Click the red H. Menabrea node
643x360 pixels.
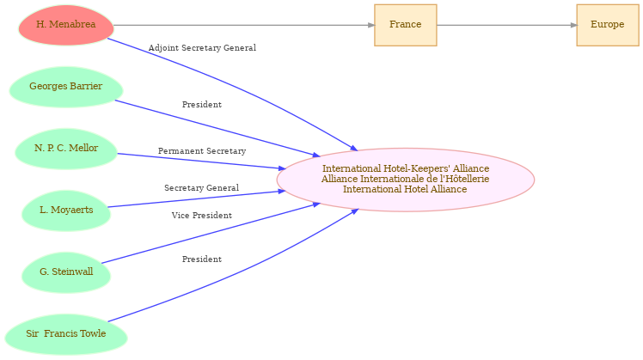[66, 25]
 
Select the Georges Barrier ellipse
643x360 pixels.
[66, 87]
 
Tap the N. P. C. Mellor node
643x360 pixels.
[66, 149]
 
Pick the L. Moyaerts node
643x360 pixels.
[66, 211]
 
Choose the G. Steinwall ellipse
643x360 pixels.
[66, 272]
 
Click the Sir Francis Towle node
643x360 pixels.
[66, 334]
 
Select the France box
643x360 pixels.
[405, 25]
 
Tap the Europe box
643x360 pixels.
[607, 25]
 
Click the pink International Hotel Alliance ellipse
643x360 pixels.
[405, 180]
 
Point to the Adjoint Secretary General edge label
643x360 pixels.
[202, 48]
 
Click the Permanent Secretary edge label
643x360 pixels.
[202, 151]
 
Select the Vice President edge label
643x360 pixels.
[202, 216]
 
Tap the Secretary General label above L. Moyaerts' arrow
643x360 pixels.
[202, 188]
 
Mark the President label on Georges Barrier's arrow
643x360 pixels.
[202, 105]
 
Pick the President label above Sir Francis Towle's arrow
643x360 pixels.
[202, 259]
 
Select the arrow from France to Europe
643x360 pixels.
[506, 25]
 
